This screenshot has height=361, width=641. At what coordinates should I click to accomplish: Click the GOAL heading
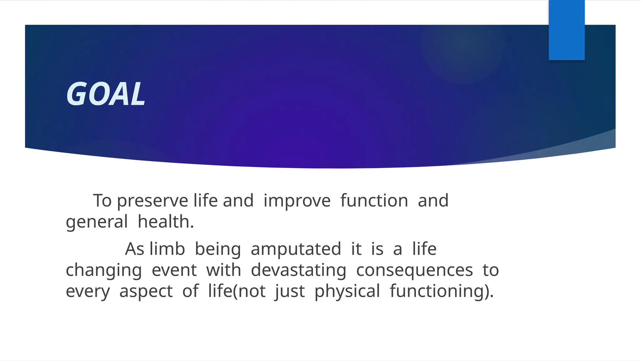[x=106, y=94]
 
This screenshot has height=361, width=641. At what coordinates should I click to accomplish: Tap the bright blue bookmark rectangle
[x=567, y=30]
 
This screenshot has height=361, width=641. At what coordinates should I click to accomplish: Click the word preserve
[x=152, y=201]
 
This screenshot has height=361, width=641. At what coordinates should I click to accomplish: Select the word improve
[x=297, y=201]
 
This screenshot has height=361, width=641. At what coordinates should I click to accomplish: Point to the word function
[x=374, y=201]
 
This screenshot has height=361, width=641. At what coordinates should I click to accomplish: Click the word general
[x=97, y=222]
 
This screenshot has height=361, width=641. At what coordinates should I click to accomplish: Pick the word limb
[x=167, y=249]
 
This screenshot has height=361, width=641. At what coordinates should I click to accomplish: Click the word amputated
[x=296, y=249]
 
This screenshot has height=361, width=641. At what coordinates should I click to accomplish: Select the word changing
[x=104, y=270]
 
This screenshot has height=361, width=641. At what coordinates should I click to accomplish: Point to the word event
[x=174, y=270]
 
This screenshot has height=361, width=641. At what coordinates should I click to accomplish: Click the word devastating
[x=298, y=270]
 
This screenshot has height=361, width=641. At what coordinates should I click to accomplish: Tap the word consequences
[x=414, y=270]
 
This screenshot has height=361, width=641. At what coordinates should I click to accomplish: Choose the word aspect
[x=146, y=291]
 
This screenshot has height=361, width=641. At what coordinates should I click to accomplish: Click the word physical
[x=347, y=291]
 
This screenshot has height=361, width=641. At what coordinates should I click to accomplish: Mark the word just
[x=290, y=291]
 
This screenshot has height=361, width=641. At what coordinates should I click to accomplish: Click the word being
[x=218, y=249]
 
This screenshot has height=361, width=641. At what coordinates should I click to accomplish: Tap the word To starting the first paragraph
[x=102, y=201]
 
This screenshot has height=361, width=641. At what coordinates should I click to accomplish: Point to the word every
[x=88, y=291]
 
